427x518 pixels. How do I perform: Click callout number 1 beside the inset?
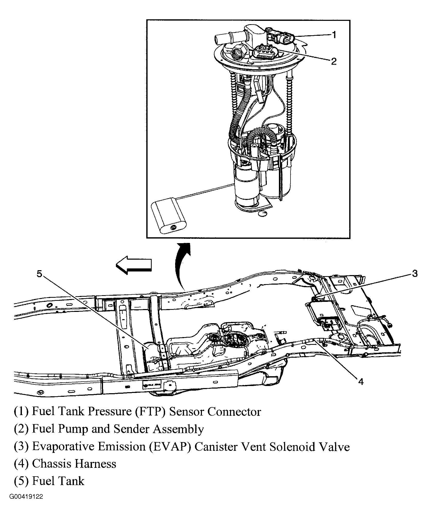coord(334,34)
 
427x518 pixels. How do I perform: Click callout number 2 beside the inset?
coord(334,61)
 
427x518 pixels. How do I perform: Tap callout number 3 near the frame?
coord(415,274)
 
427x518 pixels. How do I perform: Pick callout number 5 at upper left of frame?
coord(39,274)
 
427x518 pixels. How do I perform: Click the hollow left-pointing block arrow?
coord(133,265)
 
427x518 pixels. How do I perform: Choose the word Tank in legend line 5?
coord(71,481)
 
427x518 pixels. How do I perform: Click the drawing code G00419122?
coord(26,504)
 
